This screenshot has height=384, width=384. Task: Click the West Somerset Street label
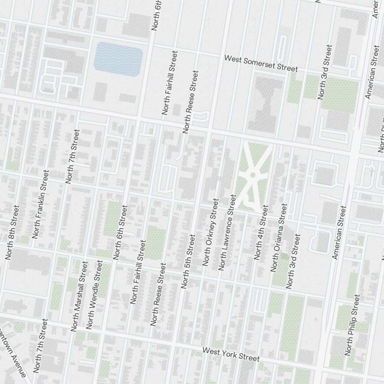(x=261, y=63)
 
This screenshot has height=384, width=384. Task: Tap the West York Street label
(x=231, y=354)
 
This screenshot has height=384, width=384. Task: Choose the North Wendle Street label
(x=94, y=294)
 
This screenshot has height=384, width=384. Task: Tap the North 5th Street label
(x=189, y=262)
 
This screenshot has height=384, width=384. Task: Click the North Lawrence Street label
(x=227, y=232)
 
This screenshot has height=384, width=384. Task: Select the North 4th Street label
(x=261, y=232)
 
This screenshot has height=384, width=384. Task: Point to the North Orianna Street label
(x=279, y=237)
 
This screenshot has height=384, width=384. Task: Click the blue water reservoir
(x=118, y=59)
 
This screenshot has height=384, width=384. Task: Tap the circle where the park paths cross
(x=253, y=175)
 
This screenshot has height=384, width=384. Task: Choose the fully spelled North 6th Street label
(x=120, y=232)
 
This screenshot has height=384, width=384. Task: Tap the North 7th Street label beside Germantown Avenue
(x=41, y=346)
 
